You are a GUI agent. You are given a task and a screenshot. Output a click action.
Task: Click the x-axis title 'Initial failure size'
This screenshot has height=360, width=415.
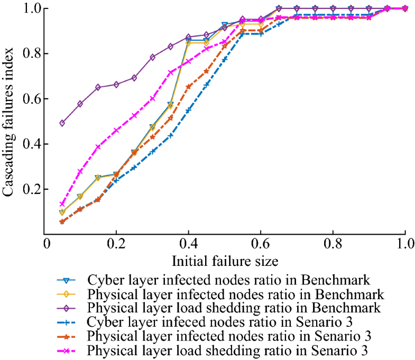[x=225, y=261]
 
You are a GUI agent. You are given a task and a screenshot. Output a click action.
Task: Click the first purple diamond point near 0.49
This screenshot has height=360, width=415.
[x=62, y=123]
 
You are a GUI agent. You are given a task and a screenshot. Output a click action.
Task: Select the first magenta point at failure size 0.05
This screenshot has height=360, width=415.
[x=62, y=204]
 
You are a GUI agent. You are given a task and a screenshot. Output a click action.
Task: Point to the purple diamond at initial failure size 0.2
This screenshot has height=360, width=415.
[x=116, y=85]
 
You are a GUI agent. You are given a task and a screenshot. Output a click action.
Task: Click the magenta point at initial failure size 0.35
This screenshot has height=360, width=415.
[x=170, y=72]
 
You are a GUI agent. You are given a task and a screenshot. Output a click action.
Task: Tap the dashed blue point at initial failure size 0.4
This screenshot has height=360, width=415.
[x=188, y=110]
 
